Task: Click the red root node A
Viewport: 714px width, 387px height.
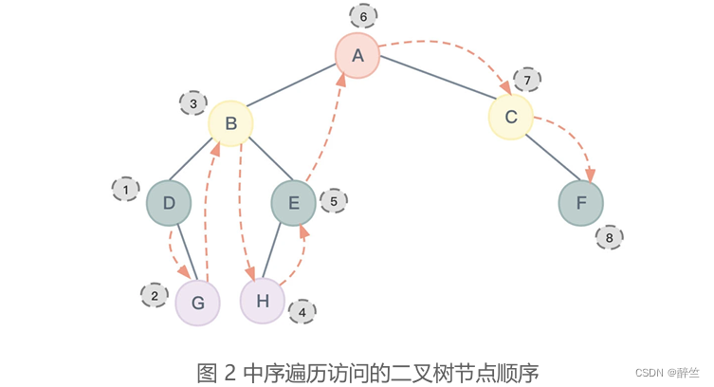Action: pos(357,55)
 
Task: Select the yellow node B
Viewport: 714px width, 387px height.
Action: pos(230,123)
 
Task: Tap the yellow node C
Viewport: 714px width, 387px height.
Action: pos(511,117)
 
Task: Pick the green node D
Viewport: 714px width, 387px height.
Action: pos(169,203)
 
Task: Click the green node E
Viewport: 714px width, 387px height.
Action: pos(294,203)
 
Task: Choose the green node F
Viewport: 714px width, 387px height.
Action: pos(581,203)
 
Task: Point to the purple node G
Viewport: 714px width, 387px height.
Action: pos(197,303)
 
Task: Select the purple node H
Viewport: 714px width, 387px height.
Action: pos(264,301)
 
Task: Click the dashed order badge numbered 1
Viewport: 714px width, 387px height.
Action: pos(125,190)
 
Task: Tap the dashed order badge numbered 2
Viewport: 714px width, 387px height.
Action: pos(154,296)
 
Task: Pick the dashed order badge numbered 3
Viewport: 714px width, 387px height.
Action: pos(193,102)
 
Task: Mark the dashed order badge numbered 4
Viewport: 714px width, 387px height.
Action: pos(302,310)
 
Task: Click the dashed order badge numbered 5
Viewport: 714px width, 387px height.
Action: pos(334,200)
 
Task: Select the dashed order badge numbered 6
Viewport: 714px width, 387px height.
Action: pos(363,16)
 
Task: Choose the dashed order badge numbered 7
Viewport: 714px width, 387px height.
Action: pos(528,78)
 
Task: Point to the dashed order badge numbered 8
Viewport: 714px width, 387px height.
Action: pos(609,237)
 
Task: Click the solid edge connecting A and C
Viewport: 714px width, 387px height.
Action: pos(434,85)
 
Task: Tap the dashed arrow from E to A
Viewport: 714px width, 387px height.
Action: pos(325,133)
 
